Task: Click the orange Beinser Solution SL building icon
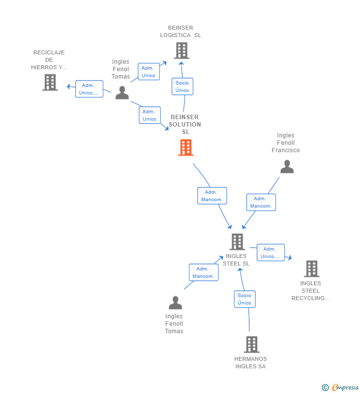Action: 186,147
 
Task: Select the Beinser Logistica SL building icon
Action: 181,50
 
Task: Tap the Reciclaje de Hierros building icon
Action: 50,83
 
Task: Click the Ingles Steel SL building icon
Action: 237,242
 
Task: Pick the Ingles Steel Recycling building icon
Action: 312,268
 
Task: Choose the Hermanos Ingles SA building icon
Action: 251,344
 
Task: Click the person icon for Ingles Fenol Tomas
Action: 122,92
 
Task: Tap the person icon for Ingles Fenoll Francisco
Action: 287,167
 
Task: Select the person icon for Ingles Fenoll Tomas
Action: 175,302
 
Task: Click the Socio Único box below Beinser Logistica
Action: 182,87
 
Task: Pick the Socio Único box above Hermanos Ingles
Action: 244,299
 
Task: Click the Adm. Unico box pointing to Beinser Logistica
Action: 148,72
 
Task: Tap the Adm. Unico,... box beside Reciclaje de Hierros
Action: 89,89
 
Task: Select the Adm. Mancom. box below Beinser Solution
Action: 212,196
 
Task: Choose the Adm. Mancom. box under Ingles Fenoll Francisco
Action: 261,202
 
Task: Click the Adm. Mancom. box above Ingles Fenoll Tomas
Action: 203,272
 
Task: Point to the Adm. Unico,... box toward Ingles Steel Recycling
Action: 270,253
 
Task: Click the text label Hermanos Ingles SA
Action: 250,363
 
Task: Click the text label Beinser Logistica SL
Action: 180,32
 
